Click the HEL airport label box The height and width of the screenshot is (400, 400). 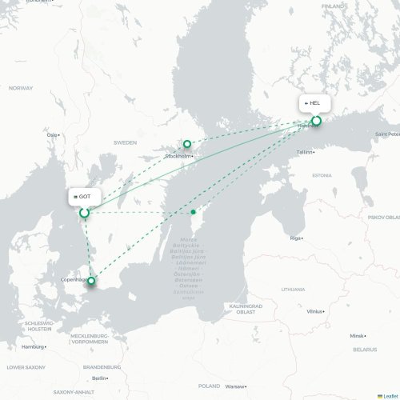(314, 103)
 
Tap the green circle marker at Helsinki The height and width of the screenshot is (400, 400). (316, 121)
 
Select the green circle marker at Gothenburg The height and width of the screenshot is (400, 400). (84, 213)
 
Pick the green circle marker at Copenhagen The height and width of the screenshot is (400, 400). (92, 280)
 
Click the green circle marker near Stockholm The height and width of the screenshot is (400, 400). (187, 144)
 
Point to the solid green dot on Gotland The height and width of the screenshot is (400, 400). (194, 212)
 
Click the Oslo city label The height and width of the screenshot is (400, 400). (54, 135)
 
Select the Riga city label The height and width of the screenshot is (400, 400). (296, 238)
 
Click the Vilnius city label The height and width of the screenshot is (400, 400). (315, 310)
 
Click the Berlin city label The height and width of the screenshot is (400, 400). (100, 378)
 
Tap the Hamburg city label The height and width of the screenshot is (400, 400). (34, 346)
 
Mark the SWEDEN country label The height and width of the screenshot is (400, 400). (125, 142)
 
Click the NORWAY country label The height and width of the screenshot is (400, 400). (21, 88)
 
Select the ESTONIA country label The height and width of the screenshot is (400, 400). (322, 174)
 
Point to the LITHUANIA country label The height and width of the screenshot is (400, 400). (293, 290)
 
